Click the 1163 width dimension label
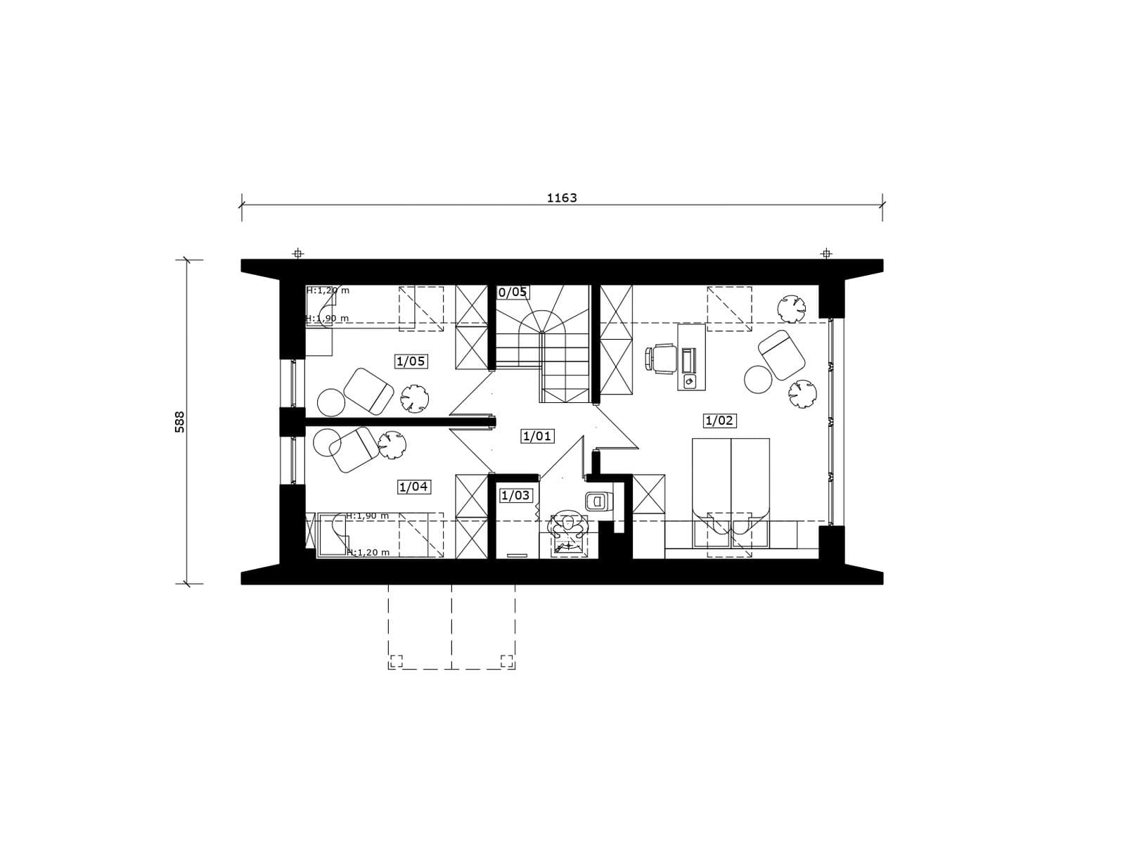coord(562,198)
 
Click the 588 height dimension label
coord(180,422)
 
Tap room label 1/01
coord(537,436)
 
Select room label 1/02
coord(719,421)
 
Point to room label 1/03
coord(515,495)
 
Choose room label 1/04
coord(413,486)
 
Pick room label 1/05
coord(411,362)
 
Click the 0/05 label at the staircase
coord(513,292)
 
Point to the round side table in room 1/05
coord(331,402)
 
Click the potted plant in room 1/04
coord(392,445)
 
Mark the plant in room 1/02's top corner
coord(791,309)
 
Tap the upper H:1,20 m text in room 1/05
coord(328,290)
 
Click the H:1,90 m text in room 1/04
coord(368,516)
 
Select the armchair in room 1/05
coord(368,391)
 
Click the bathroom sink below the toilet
coord(568,546)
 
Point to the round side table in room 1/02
coord(757,380)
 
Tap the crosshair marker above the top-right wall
coord(825,253)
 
